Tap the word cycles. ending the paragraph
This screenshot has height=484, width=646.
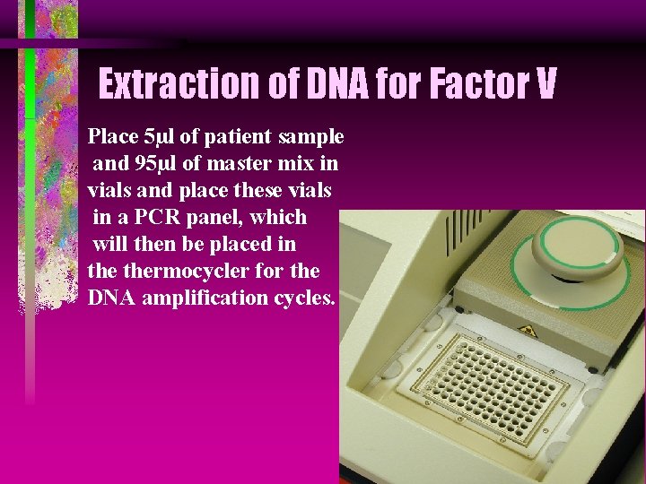[304, 298]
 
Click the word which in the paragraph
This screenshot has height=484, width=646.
[280, 218]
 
